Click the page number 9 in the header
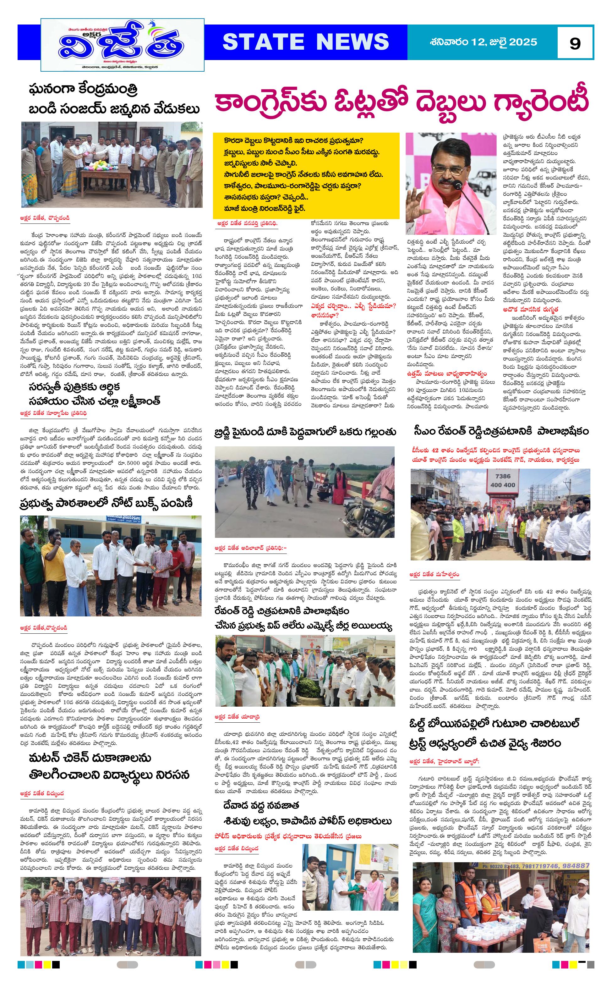[x=574, y=43]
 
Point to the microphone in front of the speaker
[x=457, y=186]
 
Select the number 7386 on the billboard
[x=502, y=476]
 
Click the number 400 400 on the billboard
[x=502, y=485]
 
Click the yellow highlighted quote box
[x=306, y=175]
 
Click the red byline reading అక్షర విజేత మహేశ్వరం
[x=434, y=574]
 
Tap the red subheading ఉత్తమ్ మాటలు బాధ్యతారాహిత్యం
[x=447, y=373]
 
